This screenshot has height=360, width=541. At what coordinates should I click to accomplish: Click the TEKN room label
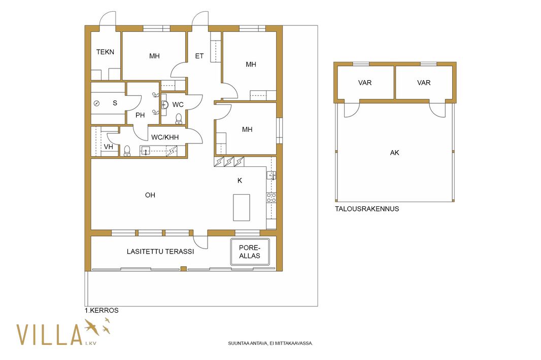point(105,52)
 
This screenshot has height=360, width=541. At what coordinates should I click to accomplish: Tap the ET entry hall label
point(199,56)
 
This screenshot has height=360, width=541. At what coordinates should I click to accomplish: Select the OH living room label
point(150,195)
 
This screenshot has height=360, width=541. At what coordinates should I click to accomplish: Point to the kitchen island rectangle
point(242,207)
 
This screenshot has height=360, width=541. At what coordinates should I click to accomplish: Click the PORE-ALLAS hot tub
point(250,251)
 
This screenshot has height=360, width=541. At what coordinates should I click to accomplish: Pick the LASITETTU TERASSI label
point(160,251)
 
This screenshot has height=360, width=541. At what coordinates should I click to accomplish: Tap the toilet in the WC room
point(179,119)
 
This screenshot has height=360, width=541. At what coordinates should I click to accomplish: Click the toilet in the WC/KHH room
point(127,151)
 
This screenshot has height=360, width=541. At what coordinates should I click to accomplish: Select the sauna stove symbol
point(96,103)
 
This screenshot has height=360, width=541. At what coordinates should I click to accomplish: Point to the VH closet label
point(108,147)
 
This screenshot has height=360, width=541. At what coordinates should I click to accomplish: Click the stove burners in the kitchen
point(271,198)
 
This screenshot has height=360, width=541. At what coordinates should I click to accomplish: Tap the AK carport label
point(394,153)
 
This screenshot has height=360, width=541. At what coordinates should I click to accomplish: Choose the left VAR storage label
point(365,83)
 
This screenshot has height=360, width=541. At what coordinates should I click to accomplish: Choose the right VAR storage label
point(424,83)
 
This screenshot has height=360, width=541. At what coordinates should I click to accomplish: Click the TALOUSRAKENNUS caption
point(367,208)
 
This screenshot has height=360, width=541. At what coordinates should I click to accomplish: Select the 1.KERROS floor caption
point(102,310)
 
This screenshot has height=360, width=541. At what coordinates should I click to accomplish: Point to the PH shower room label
point(140,115)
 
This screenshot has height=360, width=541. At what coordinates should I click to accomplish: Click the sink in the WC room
point(164,105)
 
